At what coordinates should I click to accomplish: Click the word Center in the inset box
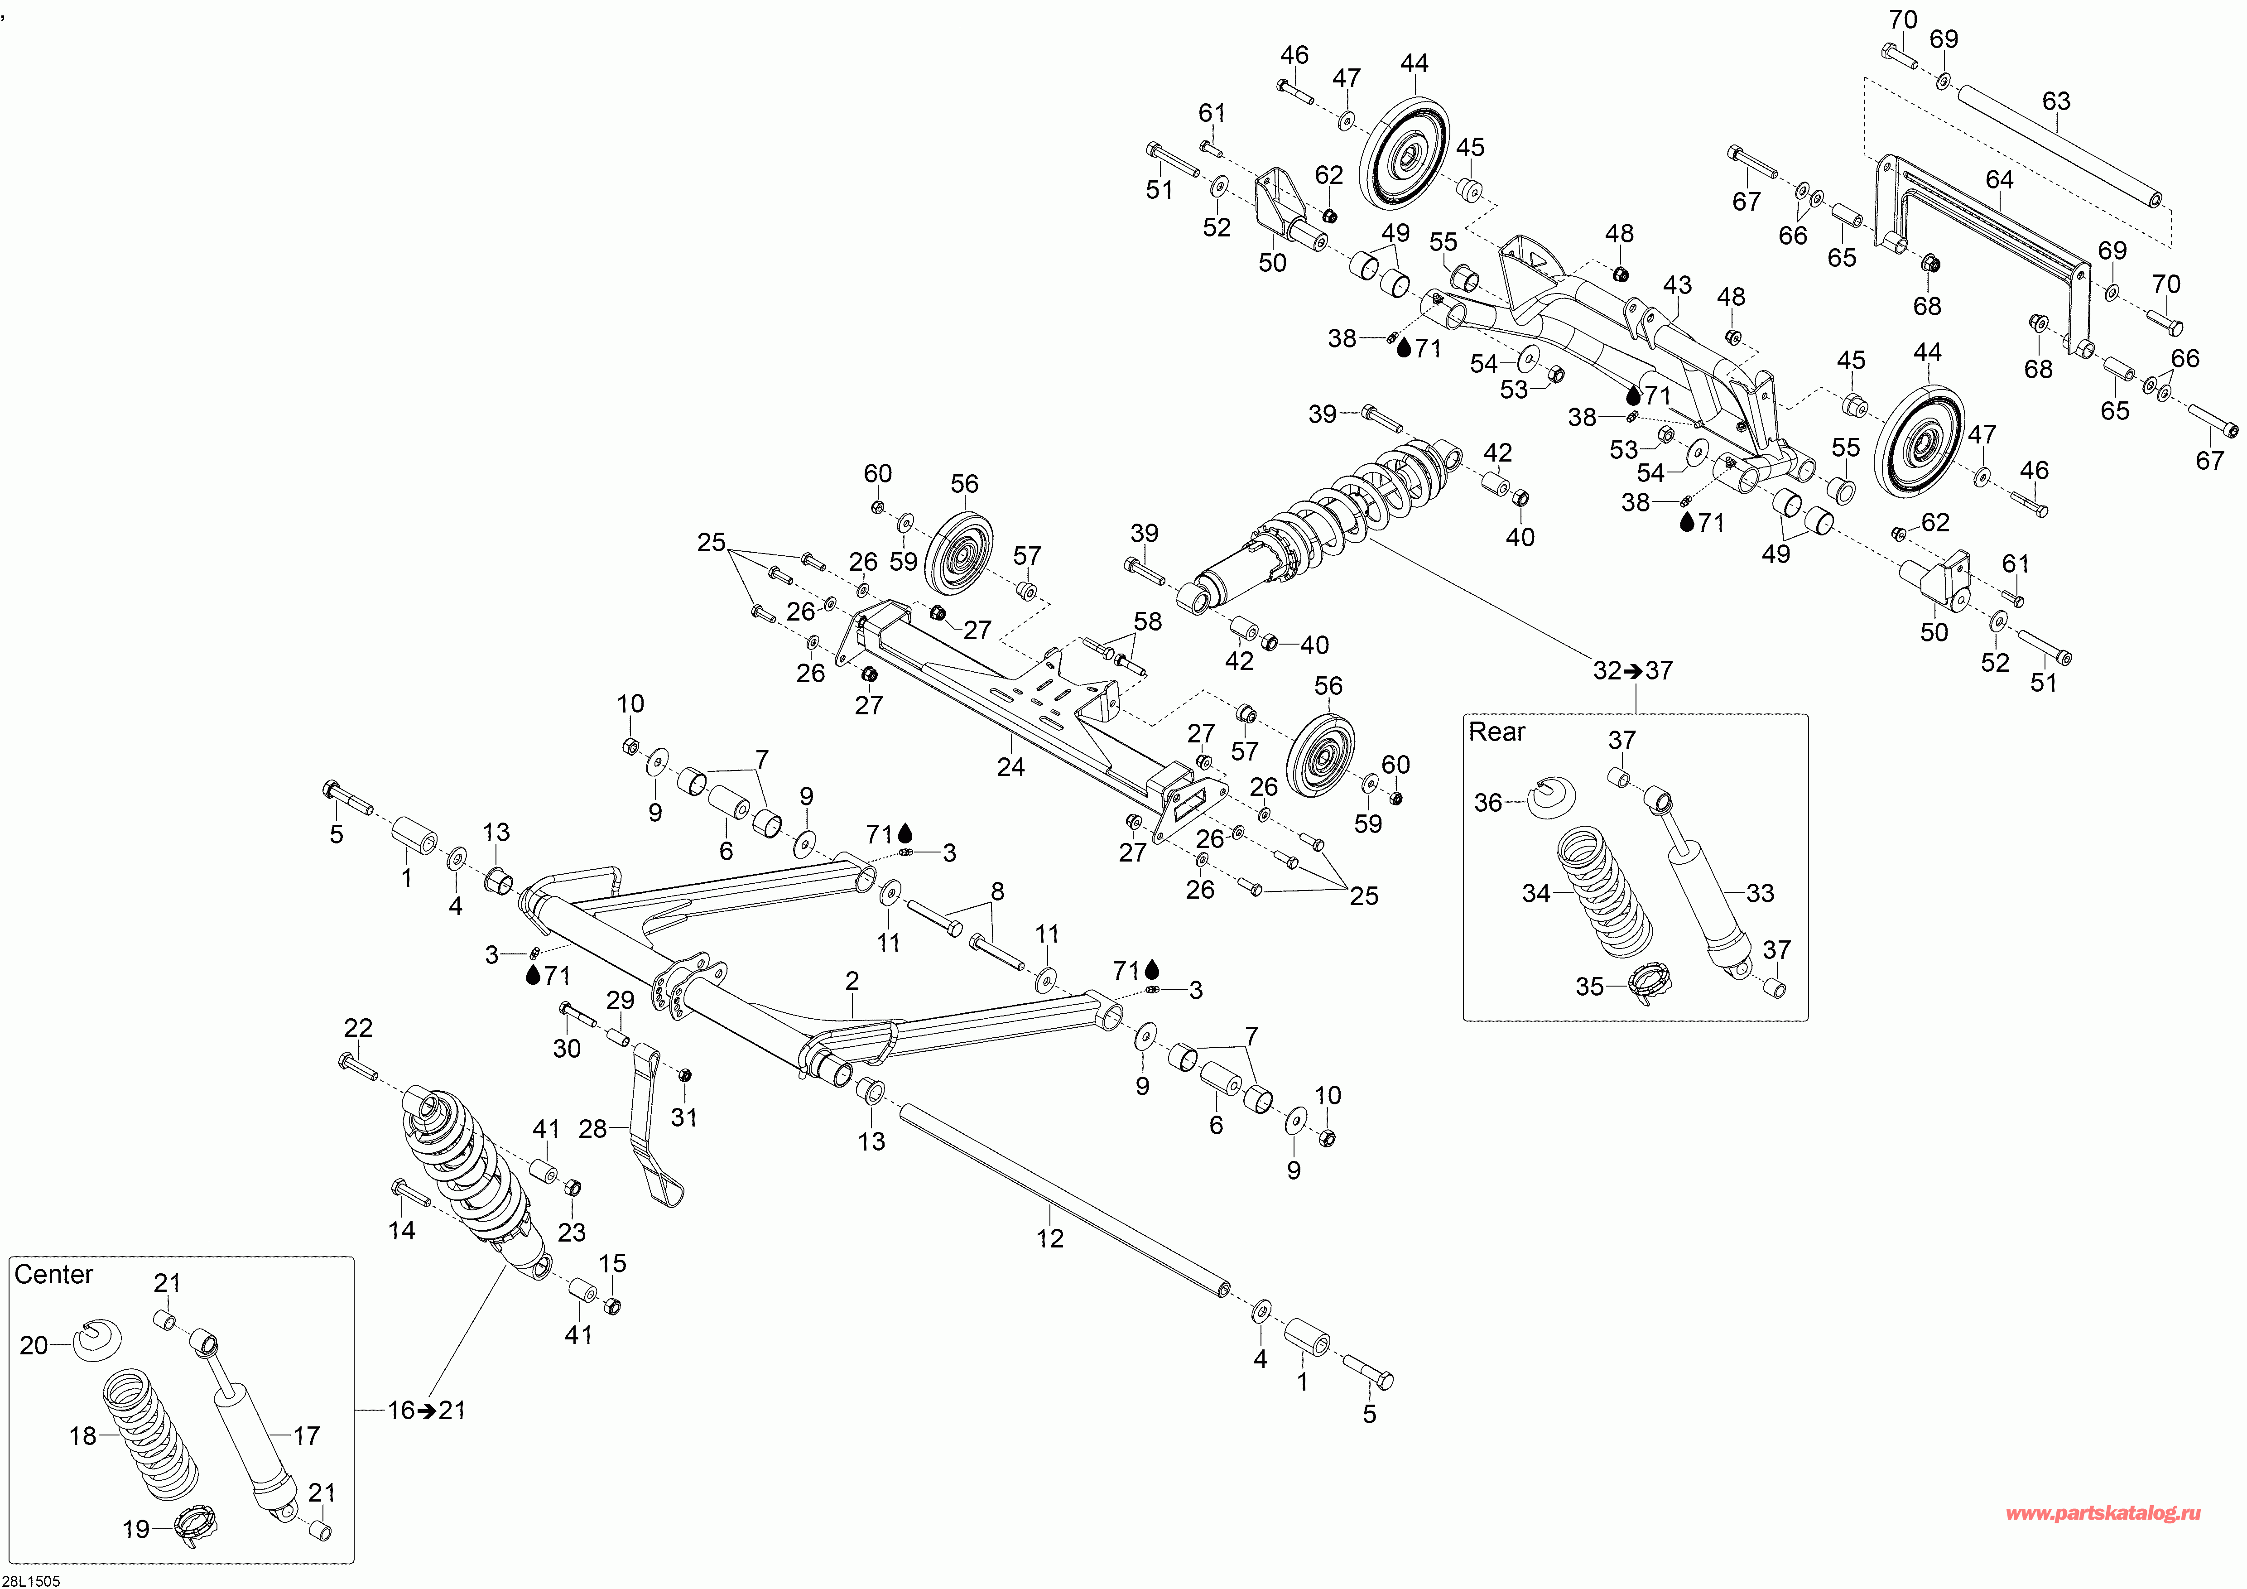(x=54, y=1275)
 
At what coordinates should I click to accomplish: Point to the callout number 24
(x=1011, y=767)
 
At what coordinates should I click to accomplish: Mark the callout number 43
(x=1677, y=285)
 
